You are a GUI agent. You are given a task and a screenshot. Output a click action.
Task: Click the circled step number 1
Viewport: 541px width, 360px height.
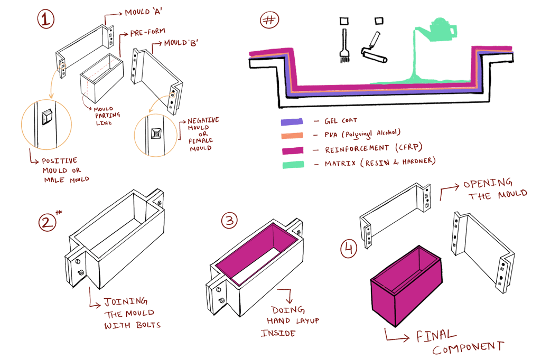(45, 20)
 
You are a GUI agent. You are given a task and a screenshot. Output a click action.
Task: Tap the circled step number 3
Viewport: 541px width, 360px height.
(229, 221)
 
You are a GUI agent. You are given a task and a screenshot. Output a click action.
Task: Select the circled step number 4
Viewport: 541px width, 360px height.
(349, 248)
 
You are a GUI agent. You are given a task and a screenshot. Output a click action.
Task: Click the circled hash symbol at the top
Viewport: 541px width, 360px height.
(269, 21)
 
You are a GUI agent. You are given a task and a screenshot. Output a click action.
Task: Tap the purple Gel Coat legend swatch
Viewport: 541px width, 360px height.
(292, 122)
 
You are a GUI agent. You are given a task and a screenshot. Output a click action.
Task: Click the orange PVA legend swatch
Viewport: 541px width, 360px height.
(292, 136)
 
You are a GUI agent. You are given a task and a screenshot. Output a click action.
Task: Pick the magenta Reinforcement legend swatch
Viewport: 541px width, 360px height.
(292, 150)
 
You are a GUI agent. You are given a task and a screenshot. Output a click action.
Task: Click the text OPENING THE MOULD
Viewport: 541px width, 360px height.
(495, 190)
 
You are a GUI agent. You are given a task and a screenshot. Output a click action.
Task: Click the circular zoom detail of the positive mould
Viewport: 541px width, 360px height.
(46, 122)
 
